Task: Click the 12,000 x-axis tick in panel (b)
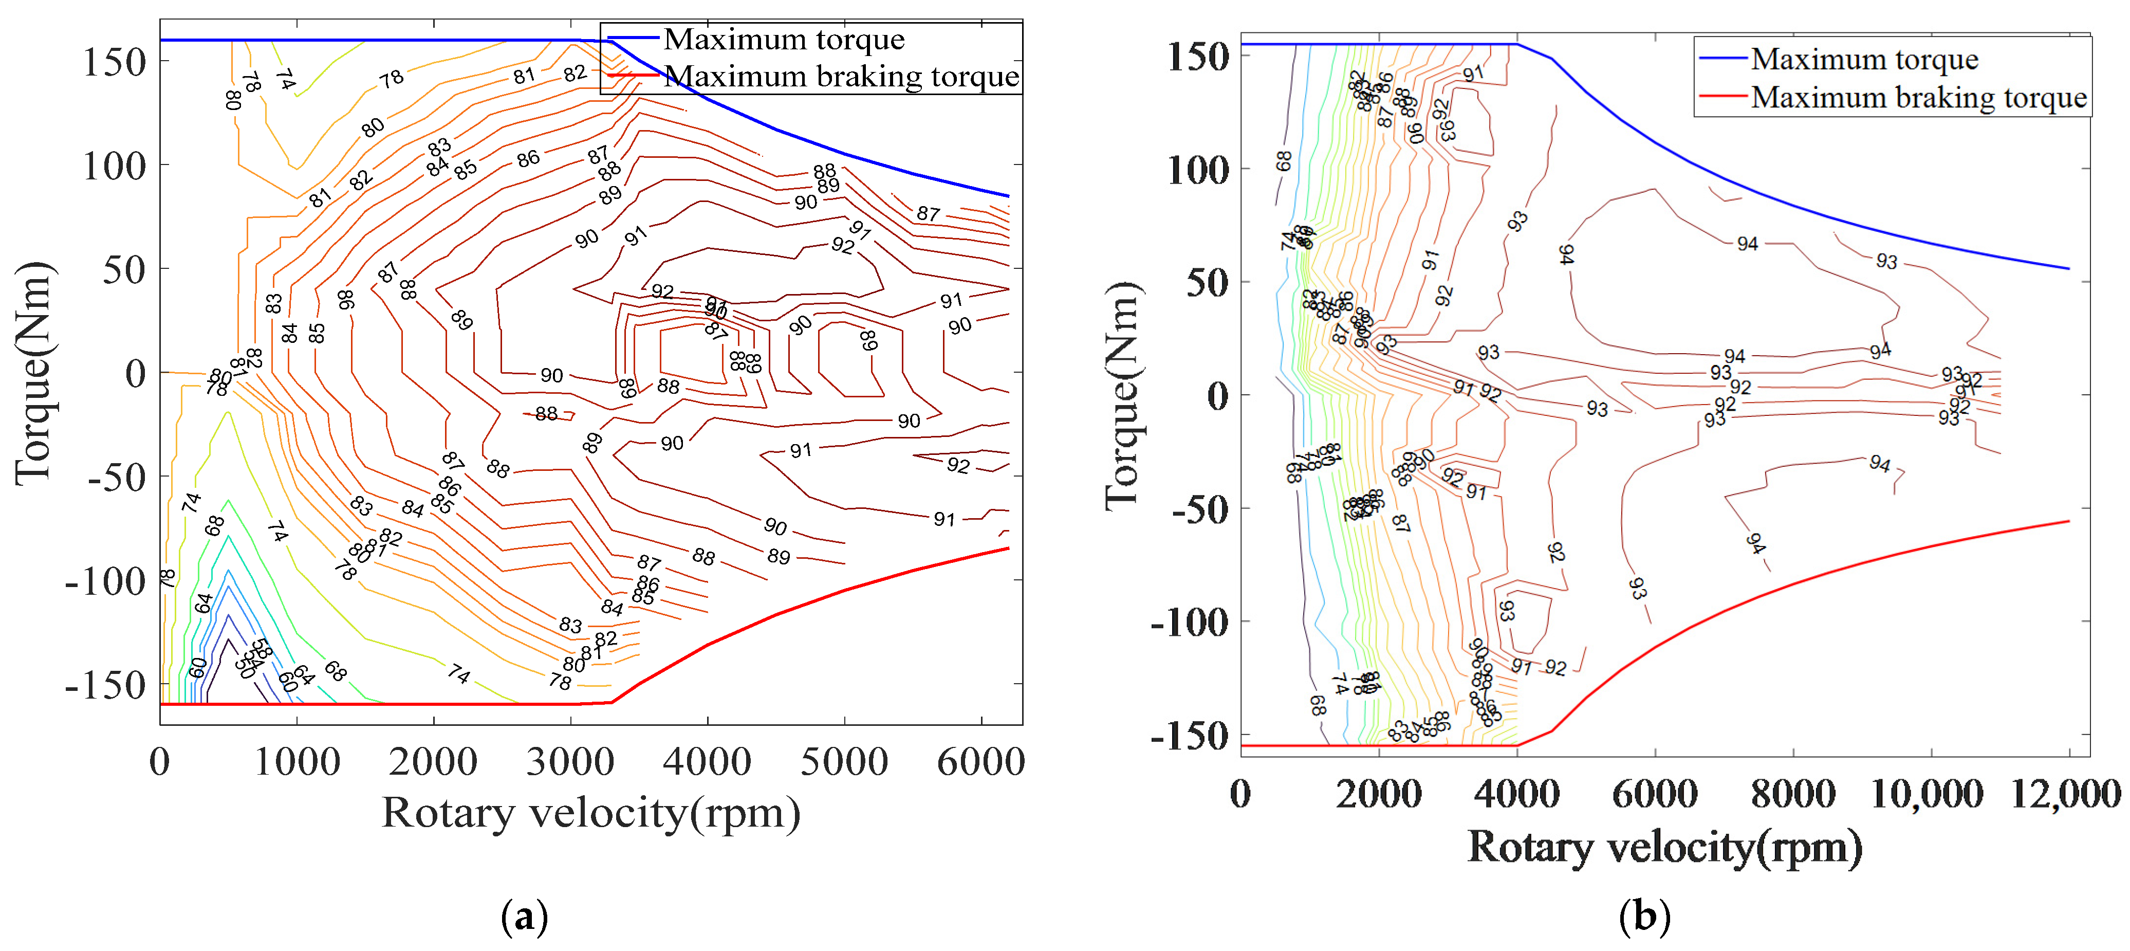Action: pos(2065,793)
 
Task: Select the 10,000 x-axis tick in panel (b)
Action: pos(1927,793)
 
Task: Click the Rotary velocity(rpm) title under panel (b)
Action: pos(1664,848)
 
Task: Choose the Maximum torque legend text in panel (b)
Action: pos(1864,60)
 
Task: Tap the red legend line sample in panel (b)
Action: pos(1722,97)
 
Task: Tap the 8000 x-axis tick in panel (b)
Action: pos(1792,793)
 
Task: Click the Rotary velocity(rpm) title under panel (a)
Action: pos(590,813)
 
